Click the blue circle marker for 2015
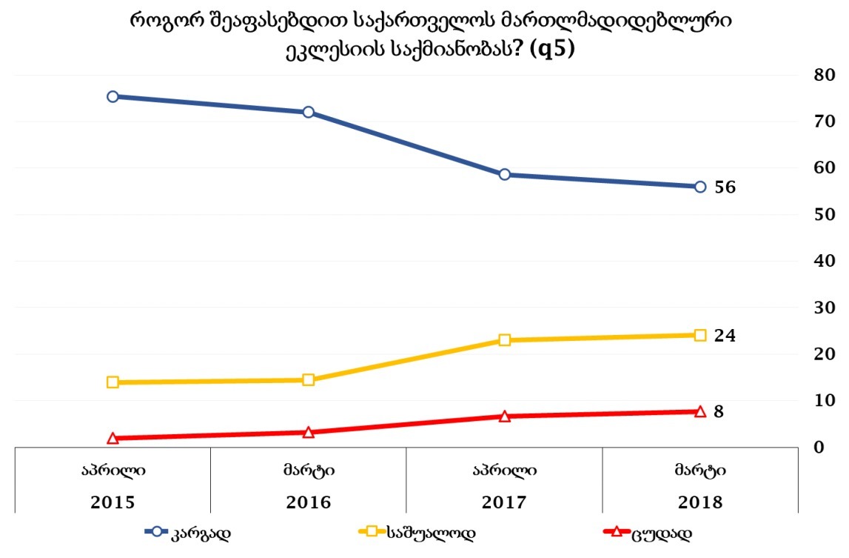click(113, 96)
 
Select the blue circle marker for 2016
click(309, 112)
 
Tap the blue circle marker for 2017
click(504, 174)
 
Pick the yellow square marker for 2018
click(700, 335)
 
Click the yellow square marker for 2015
click(113, 382)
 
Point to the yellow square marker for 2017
click(504, 340)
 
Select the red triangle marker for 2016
click(309, 432)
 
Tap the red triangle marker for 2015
click(113, 438)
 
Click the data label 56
click(725, 187)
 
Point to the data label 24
click(725, 336)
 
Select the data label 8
click(719, 411)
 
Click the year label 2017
click(504, 502)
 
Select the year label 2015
click(113, 502)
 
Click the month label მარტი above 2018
click(699, 470)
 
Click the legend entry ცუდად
click(662, 532)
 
